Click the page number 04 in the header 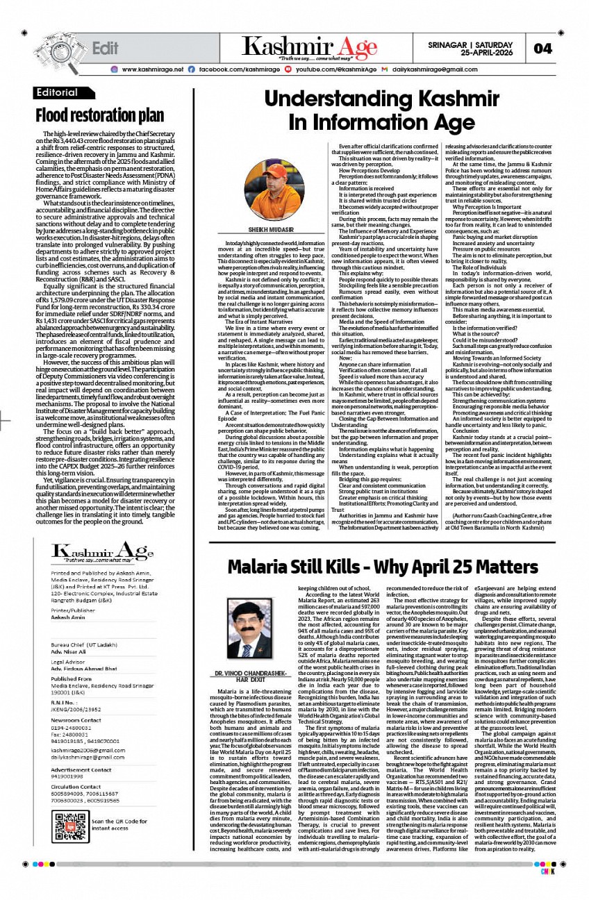pyautogui.click(x=543, y=49)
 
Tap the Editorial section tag pyautogui.click(x=58, y=92)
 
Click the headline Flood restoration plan pyautogui.click(x=100, y=114)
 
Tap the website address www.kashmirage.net pyautogui.click(x=153, y=70)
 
